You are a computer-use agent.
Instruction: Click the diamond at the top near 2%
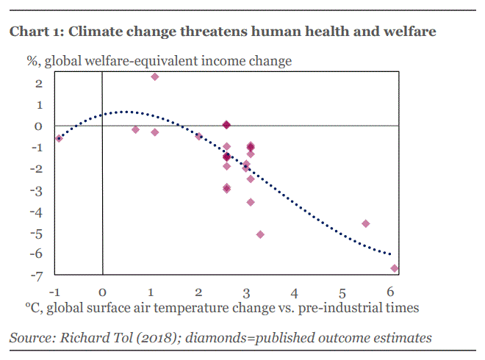(155, 76)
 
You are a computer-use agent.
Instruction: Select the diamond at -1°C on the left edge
(59, 138)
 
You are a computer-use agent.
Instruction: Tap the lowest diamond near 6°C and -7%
(395, 268)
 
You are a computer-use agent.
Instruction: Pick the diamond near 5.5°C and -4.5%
(366, 223)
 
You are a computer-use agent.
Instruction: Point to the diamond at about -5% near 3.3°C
(260, 234)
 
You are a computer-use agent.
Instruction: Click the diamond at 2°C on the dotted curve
(198, 136)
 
